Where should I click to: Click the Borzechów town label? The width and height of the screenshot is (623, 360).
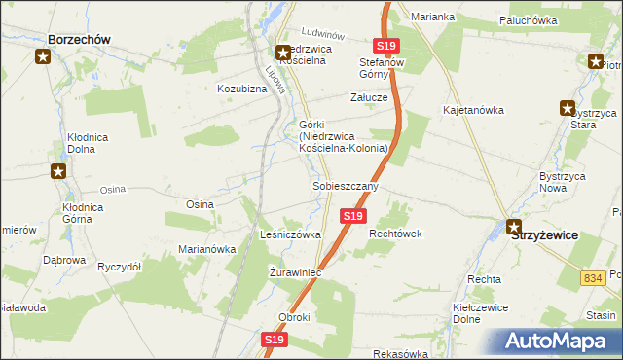pyautogui.click(x=77, y=39)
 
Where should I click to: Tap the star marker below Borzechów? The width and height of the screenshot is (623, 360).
pyautogui.click(x=43, y=57)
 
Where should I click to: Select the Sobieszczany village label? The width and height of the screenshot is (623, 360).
pyautogui.click(x=345, y=185)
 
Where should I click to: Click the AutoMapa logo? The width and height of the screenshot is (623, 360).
pyautogui.click(x=557, y=341)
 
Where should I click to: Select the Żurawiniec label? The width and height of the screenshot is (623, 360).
pyautogui.click(x=295, y=272)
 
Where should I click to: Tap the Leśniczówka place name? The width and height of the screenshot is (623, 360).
pyautogui.click(x=290, y=235)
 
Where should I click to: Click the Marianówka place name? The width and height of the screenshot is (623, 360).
pyautogui.click(x=207, y=249)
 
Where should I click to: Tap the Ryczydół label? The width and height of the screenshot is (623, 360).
pyautogui.click(x=120, y=267)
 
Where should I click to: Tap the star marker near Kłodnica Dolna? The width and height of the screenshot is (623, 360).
pyautogui.click(x=58, y=172)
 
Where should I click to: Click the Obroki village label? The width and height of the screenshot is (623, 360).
pyautogui.click(x=294, y=318)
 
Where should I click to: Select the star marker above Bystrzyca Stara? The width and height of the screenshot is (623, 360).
pyautogui.click(x=567, y=108)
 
